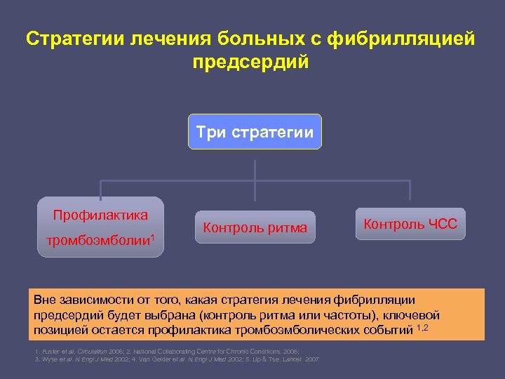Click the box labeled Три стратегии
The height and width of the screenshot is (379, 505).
pyautogui.click(x=255, y=132)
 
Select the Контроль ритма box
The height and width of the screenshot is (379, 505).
pyautogui.click(x=255, y=227)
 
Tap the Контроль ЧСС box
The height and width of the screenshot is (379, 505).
pyautogui.click(x=410, y=225)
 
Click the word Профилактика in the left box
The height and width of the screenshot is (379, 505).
pyautogui.click(x=101, y=215)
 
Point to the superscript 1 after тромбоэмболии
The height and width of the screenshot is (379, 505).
pyautogui.click(x=151, y=237)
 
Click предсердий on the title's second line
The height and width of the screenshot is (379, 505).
pyautogui.click(x=250, y=62)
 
